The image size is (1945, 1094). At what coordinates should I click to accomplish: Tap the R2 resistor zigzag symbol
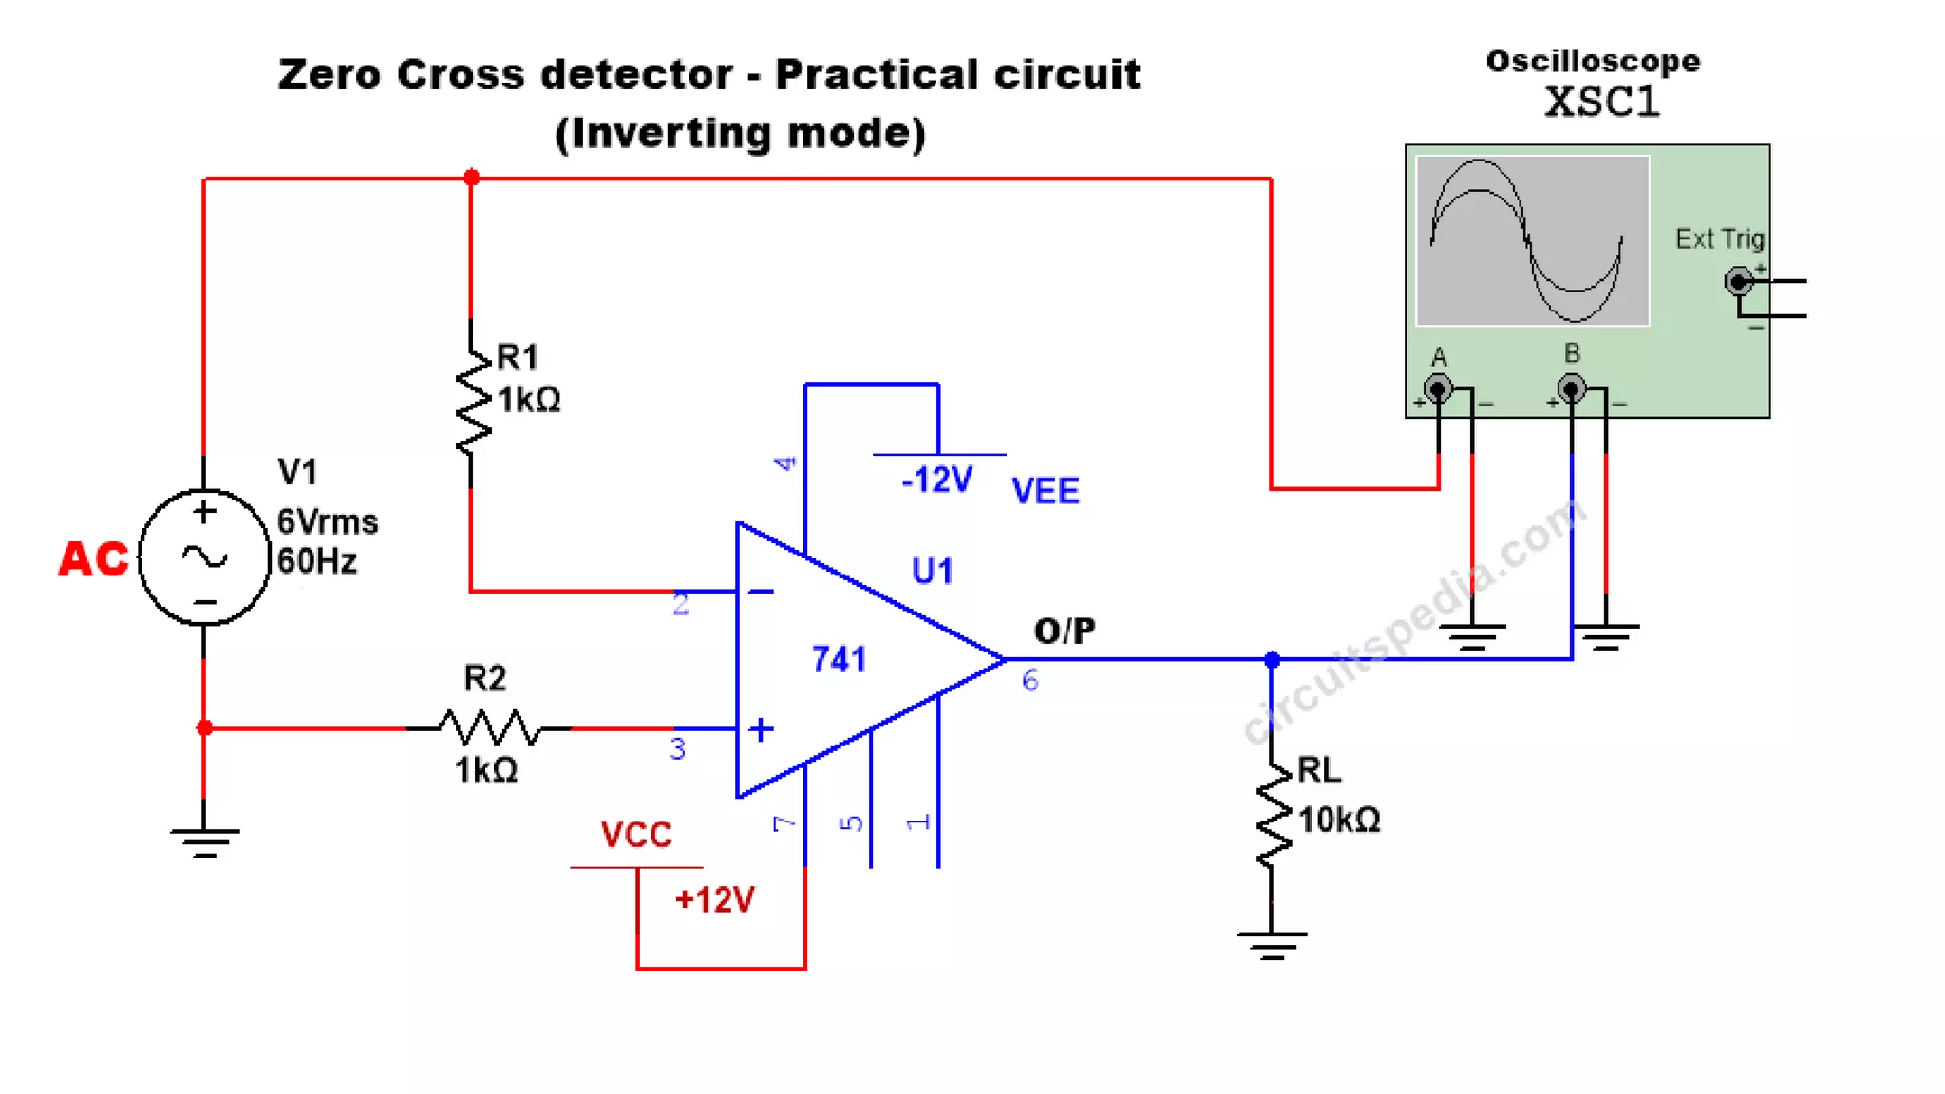point(489,728)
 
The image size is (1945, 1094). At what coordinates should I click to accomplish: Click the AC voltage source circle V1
point(204,557)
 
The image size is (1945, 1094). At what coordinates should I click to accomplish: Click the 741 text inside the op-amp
point(839,659)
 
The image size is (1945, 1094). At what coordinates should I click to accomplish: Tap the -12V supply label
point(936,481)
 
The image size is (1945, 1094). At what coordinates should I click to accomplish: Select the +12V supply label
point(714,899)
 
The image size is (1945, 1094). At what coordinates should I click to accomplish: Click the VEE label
point(1045,491)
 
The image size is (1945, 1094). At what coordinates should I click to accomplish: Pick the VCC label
point(635,835)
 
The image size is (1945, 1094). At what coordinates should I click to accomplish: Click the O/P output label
point(1065,631)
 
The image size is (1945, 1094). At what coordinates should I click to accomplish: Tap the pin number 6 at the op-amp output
point(1030,680)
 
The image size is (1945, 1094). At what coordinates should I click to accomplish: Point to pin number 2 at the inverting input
point(680,605)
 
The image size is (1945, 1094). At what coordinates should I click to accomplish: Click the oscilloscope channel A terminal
point(1438,388)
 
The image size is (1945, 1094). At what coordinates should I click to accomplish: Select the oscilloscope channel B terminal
point(1572,388)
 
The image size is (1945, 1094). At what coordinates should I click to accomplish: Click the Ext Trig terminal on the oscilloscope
point(1738,281)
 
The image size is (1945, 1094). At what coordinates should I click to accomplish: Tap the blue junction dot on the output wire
point(1273,659)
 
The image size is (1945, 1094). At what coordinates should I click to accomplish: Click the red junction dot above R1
point(471,178)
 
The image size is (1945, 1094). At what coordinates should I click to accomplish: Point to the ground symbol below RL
point(1272,944)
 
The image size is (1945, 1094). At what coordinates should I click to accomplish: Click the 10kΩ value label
point(1338,820)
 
